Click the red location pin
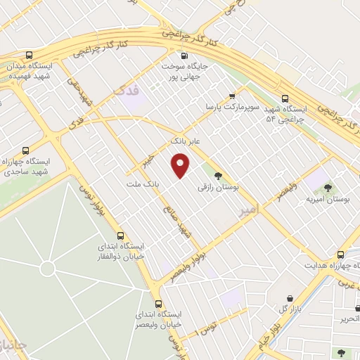[181, 166]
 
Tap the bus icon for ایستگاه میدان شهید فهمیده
[29, 55]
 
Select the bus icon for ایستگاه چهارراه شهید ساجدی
[26, 150]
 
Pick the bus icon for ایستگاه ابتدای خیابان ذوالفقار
[120, 236]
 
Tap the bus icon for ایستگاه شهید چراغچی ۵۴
[285, 99]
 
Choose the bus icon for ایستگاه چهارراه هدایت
[340, 255]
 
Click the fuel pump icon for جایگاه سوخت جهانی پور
[184, 56]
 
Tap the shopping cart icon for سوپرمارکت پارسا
[232, 96]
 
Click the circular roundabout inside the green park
[47, 269]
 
